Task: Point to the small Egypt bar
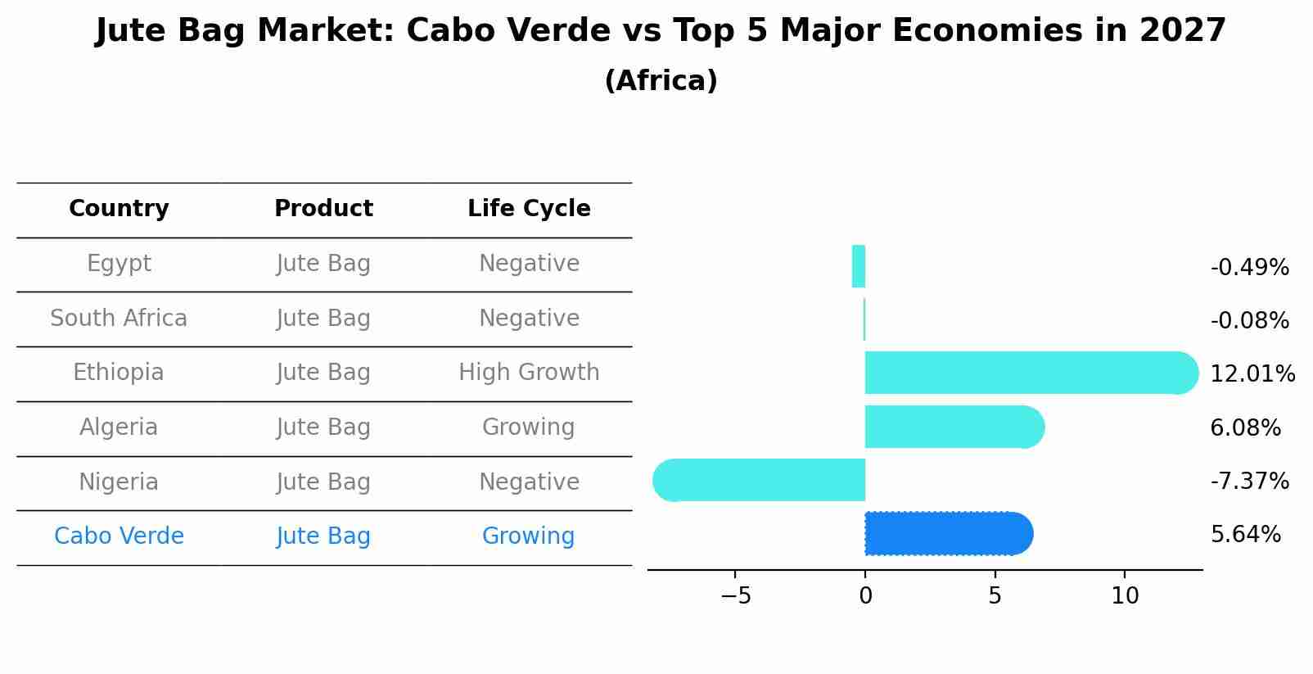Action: point(859,266)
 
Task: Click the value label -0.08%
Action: point(1249,321)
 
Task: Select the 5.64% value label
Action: point(1245,535)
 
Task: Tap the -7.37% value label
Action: point(1249,481)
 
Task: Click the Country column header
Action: point(119,209)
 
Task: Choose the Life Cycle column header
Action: point(529,209)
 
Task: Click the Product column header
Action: point(323,209)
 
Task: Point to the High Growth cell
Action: point(529,373)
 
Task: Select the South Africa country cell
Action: point(119,318)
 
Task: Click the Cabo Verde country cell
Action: point(119,536)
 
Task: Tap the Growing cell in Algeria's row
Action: point(529,427)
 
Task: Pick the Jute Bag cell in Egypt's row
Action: point(323,264)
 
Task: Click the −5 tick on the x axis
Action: point(735,596)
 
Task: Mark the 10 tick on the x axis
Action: point(1125,596)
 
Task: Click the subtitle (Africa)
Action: point(661,81)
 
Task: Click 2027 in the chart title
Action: point(1182,31)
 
